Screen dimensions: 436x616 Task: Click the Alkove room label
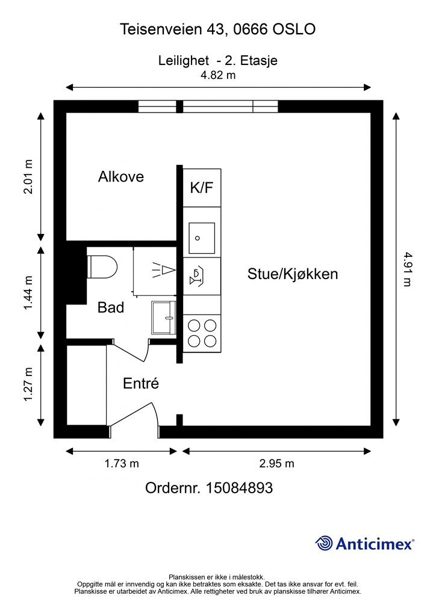click(x=120, y=177)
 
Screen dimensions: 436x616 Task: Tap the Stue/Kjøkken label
click(x=293, y=274)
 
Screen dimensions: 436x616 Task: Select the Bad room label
click(x=110, y=307)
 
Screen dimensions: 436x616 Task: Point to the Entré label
click(x=141, y=383)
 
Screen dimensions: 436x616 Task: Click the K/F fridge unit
click(x=202, y=188)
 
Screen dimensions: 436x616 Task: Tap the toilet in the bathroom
click(x=102, y=266)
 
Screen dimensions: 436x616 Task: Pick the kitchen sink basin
click(x=202, y=238)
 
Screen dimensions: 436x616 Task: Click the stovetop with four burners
click(x=202, y=333)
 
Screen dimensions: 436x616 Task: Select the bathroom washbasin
click(x=164, y=318)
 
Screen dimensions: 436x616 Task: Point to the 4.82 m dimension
click(x=218, y=75)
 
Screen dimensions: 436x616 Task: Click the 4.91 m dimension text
click(x=407, y=269)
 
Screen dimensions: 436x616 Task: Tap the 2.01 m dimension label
click(x=28, y=177)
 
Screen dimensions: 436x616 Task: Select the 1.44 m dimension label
click(x=28, y=293)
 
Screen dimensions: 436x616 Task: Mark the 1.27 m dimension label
click(x=28, y=384)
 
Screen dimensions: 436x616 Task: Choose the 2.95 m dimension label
click(x=277, y=464)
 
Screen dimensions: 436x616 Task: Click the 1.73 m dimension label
click(x=122, y=464)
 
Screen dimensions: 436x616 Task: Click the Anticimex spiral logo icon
click(x=324, y=543)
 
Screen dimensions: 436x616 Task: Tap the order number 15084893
click(x=239, y=488)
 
